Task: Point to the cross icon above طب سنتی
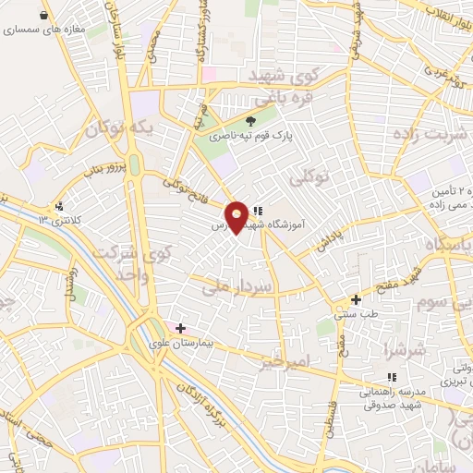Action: click(356, 299)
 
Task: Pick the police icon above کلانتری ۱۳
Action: click(60, 205)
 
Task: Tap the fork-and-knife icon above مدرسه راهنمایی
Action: click(392, 377)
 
